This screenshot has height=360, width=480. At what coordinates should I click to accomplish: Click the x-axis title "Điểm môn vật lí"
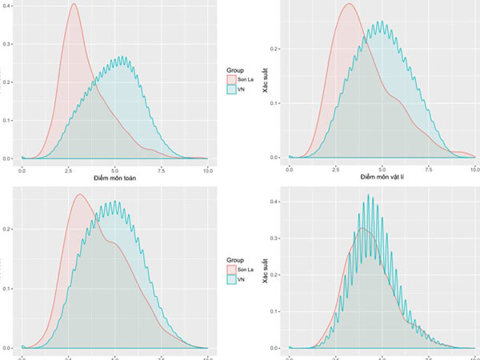(x=382, y=176)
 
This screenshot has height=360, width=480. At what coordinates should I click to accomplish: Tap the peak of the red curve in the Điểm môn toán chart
(x=74, y=5)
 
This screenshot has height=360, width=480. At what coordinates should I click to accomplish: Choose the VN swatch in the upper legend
(x=233, y=91)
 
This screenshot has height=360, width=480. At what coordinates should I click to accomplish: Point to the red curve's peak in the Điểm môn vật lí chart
(x=349, y=5)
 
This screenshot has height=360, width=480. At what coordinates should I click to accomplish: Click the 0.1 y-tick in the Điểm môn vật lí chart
(x=276, y=103)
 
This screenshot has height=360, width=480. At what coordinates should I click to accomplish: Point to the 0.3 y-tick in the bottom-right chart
(x=276, y=238)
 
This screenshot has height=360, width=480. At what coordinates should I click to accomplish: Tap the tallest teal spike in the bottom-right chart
(x=369, y=195)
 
